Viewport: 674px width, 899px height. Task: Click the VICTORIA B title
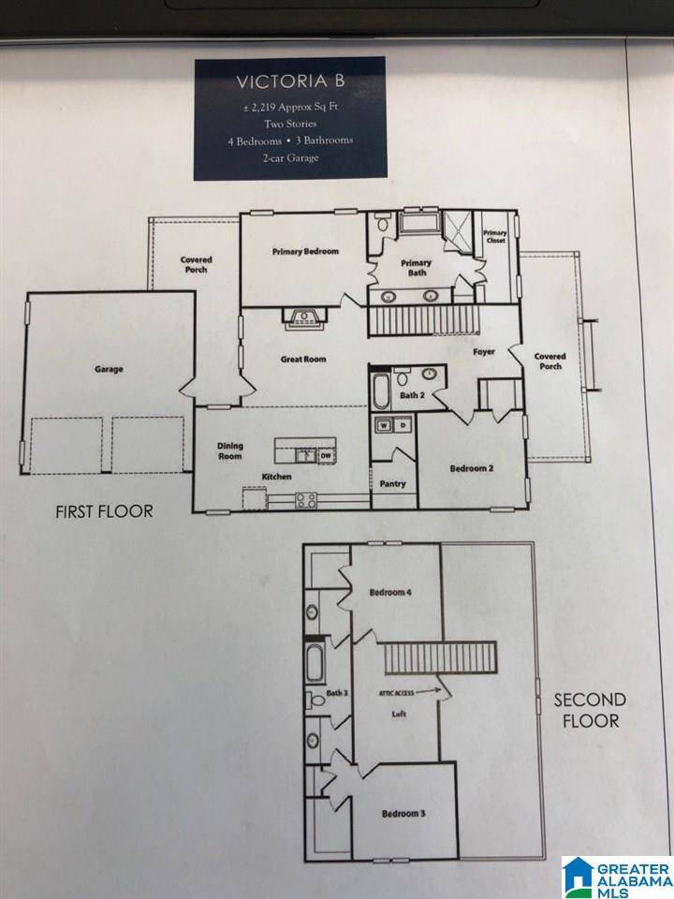(x=289, y=81)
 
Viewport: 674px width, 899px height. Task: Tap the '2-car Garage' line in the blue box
(x=289, y=158)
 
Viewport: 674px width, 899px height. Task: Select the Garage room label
(x=109, y=369)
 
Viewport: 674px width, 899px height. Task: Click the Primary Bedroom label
(x=305, y=252)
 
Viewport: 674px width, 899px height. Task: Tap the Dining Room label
(x=230, y=451)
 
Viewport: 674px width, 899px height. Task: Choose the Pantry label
(x=392, y=484)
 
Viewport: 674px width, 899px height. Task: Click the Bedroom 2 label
(x=472, y=467)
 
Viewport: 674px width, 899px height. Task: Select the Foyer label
(x=483, y=353)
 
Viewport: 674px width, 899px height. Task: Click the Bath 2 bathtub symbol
(x=382, y=391)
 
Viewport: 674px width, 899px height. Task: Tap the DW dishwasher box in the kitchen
(x=326, y=456)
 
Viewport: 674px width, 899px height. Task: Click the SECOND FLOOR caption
(x=586, y=710)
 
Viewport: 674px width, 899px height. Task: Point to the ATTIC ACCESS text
(x=397, y=693)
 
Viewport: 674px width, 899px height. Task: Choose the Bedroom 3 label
(x=403, y=814)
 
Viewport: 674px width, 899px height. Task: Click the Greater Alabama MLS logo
(x=617, y=877)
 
